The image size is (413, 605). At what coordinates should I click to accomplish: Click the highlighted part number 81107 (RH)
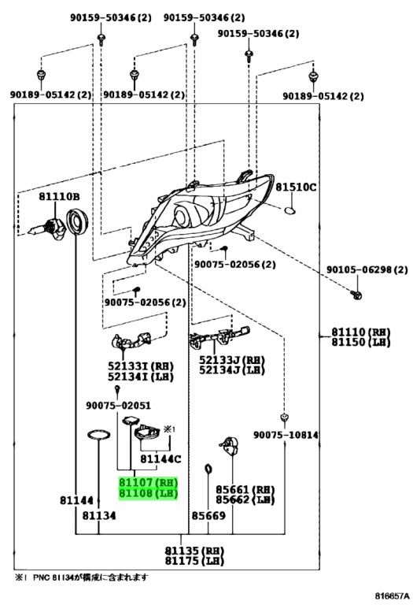(149, 482)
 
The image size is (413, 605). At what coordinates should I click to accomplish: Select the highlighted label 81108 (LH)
(149, 493)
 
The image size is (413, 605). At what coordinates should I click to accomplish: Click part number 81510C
(296, 187)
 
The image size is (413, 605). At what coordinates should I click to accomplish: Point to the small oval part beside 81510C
(290, 210)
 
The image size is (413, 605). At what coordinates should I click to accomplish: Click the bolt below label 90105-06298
(356, 295)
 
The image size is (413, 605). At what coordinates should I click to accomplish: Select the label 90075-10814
(286, 435)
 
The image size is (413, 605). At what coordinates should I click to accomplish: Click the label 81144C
(160, 459)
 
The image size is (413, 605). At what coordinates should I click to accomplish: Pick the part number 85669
(208, 515)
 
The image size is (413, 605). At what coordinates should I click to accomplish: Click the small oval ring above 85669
(208, 470)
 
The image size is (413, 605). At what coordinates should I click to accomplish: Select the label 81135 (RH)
(194, 551)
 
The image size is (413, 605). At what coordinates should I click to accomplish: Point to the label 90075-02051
(118, 406)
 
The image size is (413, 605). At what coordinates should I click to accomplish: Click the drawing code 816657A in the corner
(393, 596)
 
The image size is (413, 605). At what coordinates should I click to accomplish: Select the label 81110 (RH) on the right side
(361, 332)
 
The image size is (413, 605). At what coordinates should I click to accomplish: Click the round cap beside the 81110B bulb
(76, 221)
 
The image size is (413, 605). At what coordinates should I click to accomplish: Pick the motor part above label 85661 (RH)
(230, 447)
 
